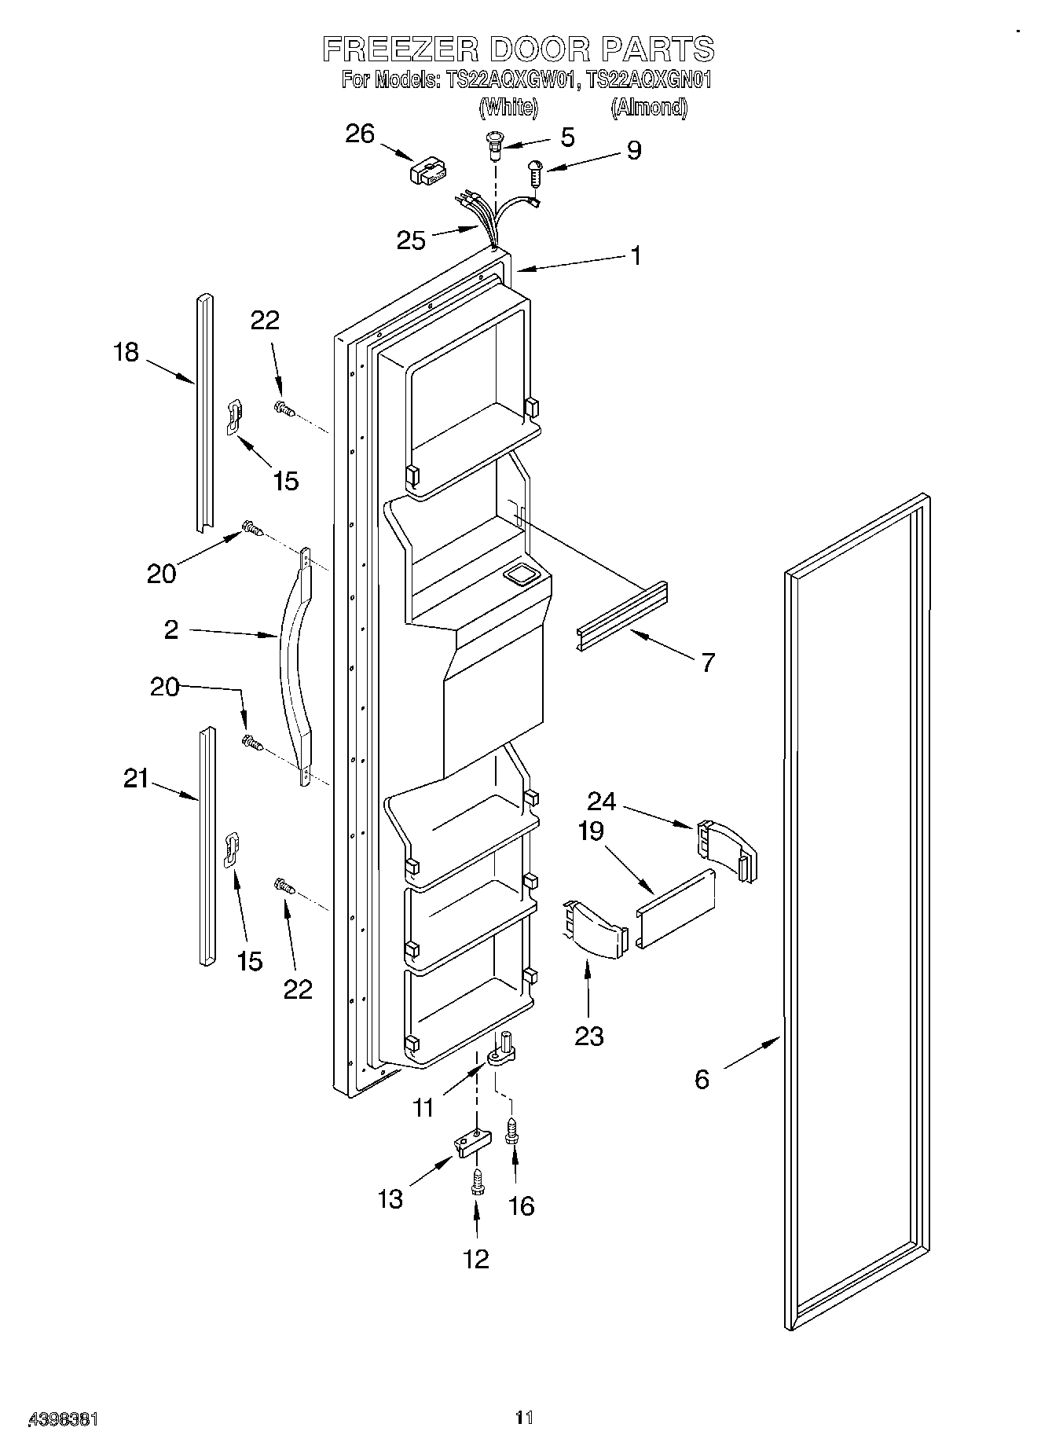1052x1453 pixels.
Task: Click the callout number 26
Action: click(x=360, y=134)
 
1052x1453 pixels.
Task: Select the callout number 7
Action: click(x=707, y=662)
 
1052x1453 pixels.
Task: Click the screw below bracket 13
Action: click(x=476, y=1181)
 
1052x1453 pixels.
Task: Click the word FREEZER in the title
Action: click(x=401, y=50)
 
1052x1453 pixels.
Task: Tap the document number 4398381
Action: click(x=63, y=1419)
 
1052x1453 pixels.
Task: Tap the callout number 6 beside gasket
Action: click(x=702, y=1079)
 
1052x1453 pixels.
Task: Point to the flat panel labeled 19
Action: click(x=676, y=909)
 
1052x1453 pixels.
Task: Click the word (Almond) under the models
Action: click(x=649, y=107)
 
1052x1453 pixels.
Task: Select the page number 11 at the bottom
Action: click(x=524, y=1418)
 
